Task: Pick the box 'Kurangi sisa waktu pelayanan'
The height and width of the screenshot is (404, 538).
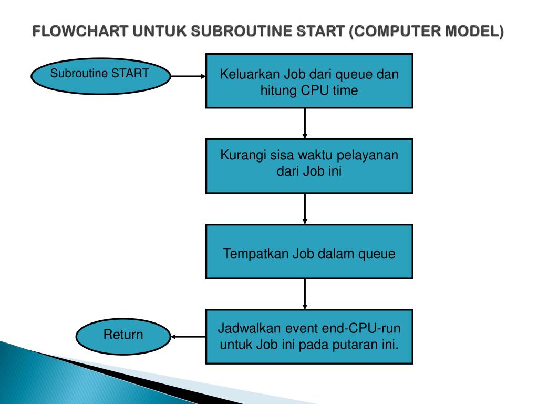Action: coord(309,166)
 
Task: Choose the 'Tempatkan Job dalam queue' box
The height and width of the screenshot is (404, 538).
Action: coord(309,251)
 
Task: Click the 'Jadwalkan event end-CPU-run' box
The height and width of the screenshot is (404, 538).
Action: coord(309,337)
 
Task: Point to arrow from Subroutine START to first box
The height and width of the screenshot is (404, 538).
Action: coord(189,76)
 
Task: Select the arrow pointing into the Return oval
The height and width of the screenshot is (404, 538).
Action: coord(188,337)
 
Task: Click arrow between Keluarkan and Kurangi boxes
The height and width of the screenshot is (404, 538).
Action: coord(305,123)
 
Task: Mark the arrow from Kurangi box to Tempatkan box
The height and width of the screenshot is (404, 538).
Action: coord(305,208)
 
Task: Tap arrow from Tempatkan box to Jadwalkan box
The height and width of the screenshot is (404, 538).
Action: coord(305,294)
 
